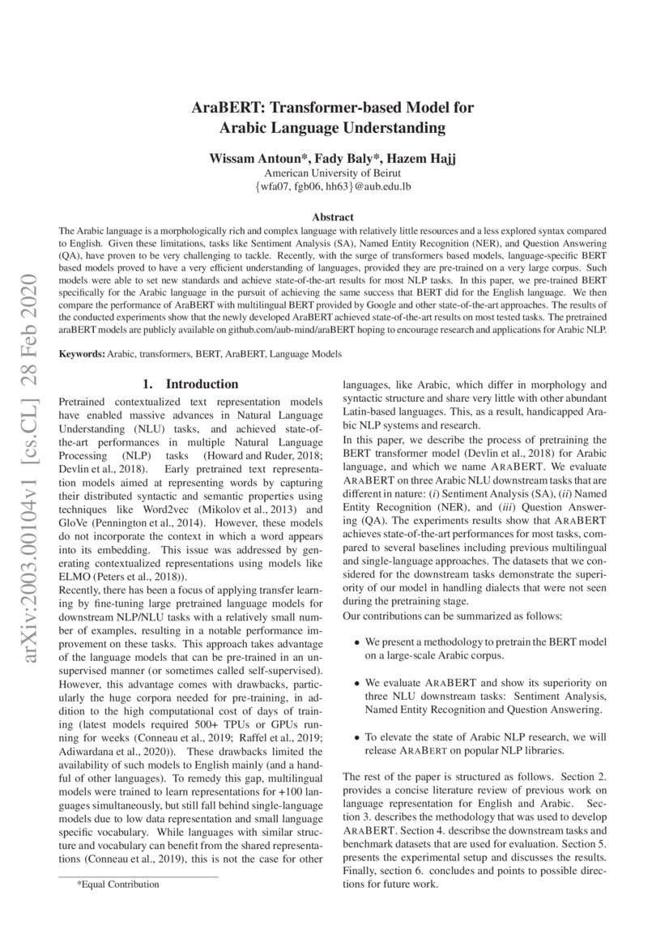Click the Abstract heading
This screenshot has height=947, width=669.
pyautogui.click(x=333, y=217)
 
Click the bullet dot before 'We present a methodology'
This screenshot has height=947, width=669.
pyautogui.click(x=358, y=642)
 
